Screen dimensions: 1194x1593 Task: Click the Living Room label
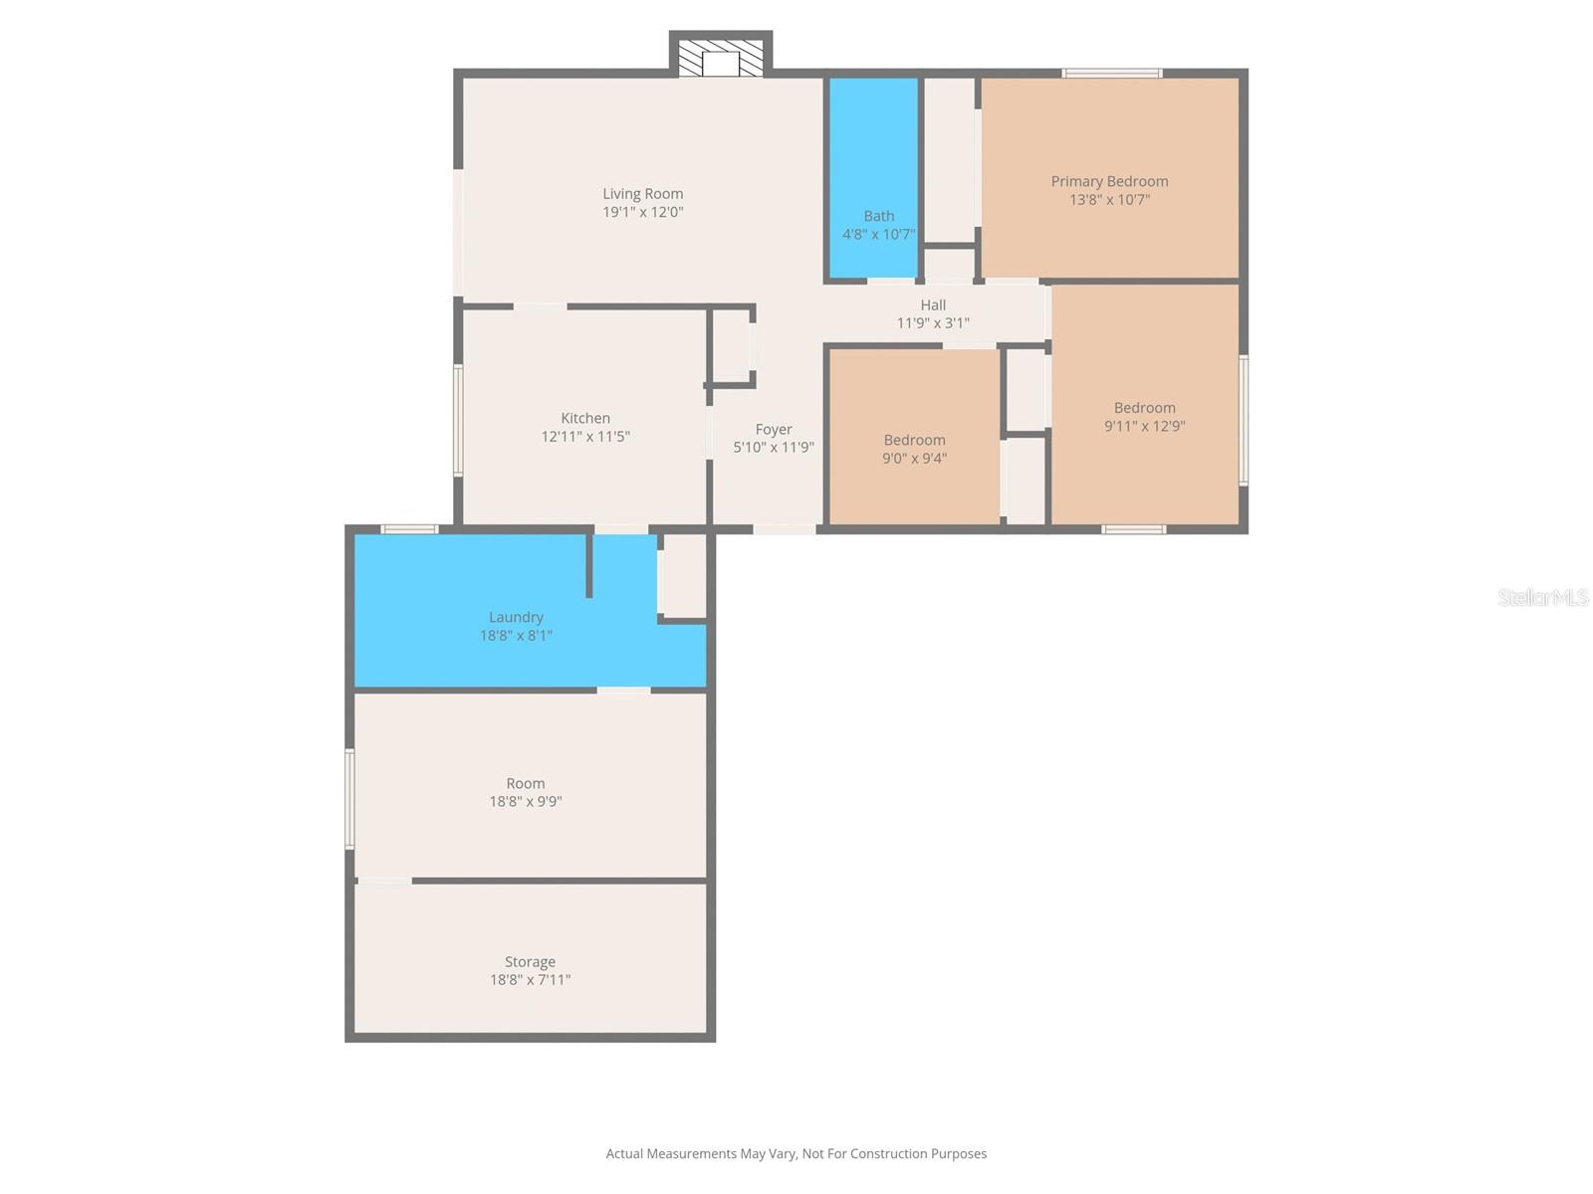pyautogui.click(x=642, y=194)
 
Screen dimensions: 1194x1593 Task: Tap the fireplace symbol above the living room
pyautogui.click(x=721, y=59)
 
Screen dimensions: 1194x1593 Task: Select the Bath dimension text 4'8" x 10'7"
pyautogui.click(x=878, y=235)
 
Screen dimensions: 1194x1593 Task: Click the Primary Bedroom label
pyautogui.click(x=1109, y=181)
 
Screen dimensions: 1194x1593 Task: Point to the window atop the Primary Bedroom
pyautogui.click(x=1111, y=73)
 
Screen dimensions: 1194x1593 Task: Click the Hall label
pyautogui.click(x=933, y=305)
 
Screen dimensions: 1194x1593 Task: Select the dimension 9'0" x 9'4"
pyautogui.click(x=914, y=459)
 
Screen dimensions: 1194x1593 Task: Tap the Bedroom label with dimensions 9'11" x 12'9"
pyautogui.click(x=1144, y=408)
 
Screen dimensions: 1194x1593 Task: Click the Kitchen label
pyautogui.click(x=585, y=418)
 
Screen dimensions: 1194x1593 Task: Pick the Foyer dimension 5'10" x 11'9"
pyautogui.click(x=774, y=448)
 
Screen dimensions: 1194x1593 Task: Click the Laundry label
pyautogui.click(x=516, y=617)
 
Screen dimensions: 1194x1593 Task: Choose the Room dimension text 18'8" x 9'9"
pyautogui.click(x=526, y=802)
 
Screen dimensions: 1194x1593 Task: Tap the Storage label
pyautogui.click(x=530, y=962)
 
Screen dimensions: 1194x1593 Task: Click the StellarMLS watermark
pyautogui.click(x=1542, y=597)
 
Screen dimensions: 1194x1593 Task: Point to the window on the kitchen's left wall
pyautogui.click(x=458, y=420)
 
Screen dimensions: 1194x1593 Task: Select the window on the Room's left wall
pyautogui.click(x=349, y=799)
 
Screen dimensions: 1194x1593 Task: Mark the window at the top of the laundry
pyautogui.click(x=410, y=529)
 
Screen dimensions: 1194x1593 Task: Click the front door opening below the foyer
pyautogui.click(x=785, y=529)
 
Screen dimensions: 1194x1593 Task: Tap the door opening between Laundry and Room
pyautogui.click(x=623, y=690)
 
